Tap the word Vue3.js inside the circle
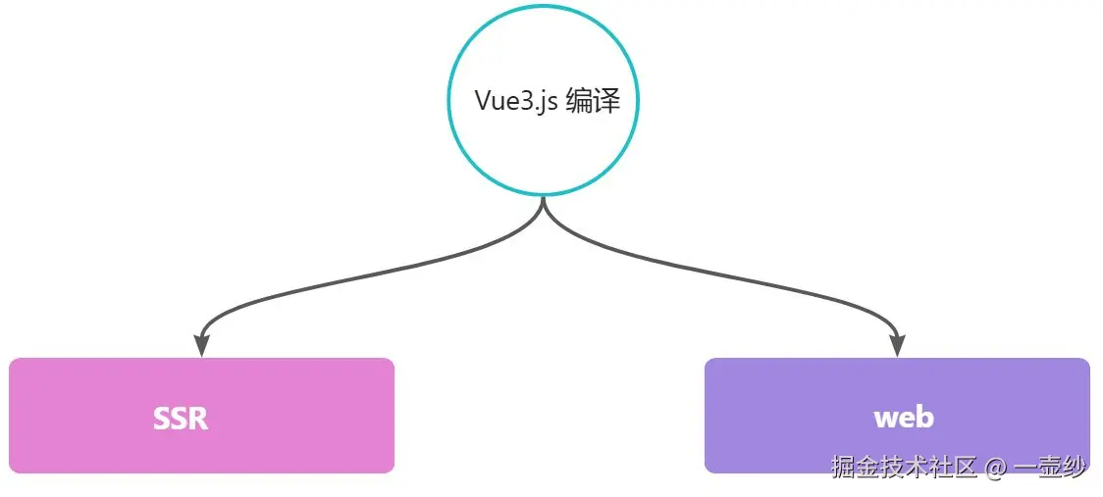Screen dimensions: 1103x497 point(517,101)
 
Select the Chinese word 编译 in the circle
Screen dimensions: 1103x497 point(594,101)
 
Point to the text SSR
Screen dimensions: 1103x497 point(181,419)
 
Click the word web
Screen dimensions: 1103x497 point(903,418)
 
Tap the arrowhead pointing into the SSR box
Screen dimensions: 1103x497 point(202,346)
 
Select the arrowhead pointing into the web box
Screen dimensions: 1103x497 point(896,346)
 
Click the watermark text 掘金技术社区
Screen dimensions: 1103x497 point(904,468)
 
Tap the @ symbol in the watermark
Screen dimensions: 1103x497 point(996,469)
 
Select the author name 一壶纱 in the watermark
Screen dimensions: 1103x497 point(1050,468)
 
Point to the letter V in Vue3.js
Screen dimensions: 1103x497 point(483,101)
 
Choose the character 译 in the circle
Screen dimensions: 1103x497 point(607,101)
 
